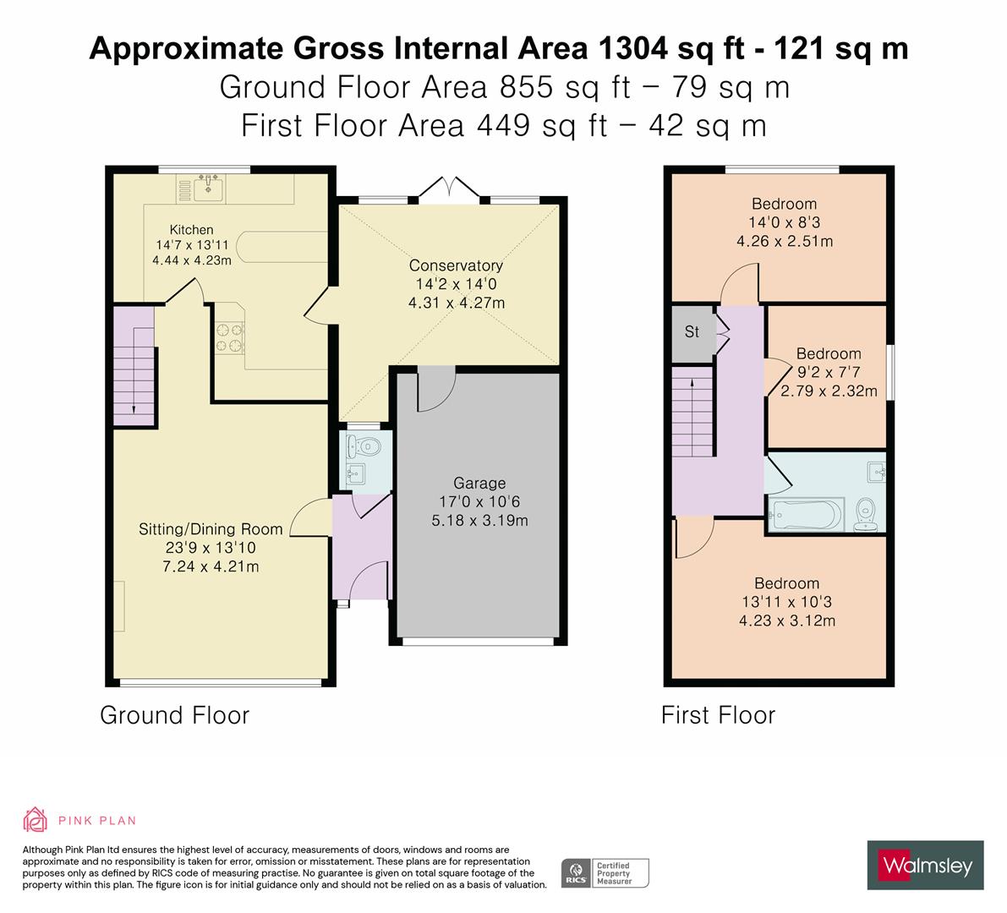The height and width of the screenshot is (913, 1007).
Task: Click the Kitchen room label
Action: click(x=191, y=230)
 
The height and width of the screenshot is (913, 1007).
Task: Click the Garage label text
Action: click(x=479, y=484)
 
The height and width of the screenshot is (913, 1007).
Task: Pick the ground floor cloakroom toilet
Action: click(x=369, y=446)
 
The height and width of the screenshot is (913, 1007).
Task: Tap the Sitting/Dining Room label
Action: click(x=211, y=529)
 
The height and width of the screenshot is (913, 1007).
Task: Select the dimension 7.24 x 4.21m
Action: click(x=211, y=566)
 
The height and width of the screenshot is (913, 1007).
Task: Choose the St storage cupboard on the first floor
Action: click(x=692, y=332)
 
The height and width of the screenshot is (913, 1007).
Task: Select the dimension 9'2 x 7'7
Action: click(x=829, y=372)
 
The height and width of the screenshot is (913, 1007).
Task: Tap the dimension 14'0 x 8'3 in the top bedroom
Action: click(x=784, y=222)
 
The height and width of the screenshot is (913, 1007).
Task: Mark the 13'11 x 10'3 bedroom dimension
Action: click(x=786, y=603)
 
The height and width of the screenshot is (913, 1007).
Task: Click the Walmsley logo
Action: click(x=926, y=865)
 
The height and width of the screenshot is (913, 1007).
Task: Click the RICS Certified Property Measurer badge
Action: click(x=605, y=872)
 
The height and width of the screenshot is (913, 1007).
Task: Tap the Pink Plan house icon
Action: click(x=36, y=820)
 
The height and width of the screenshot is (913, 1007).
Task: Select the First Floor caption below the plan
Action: click(x=718, y=716)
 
